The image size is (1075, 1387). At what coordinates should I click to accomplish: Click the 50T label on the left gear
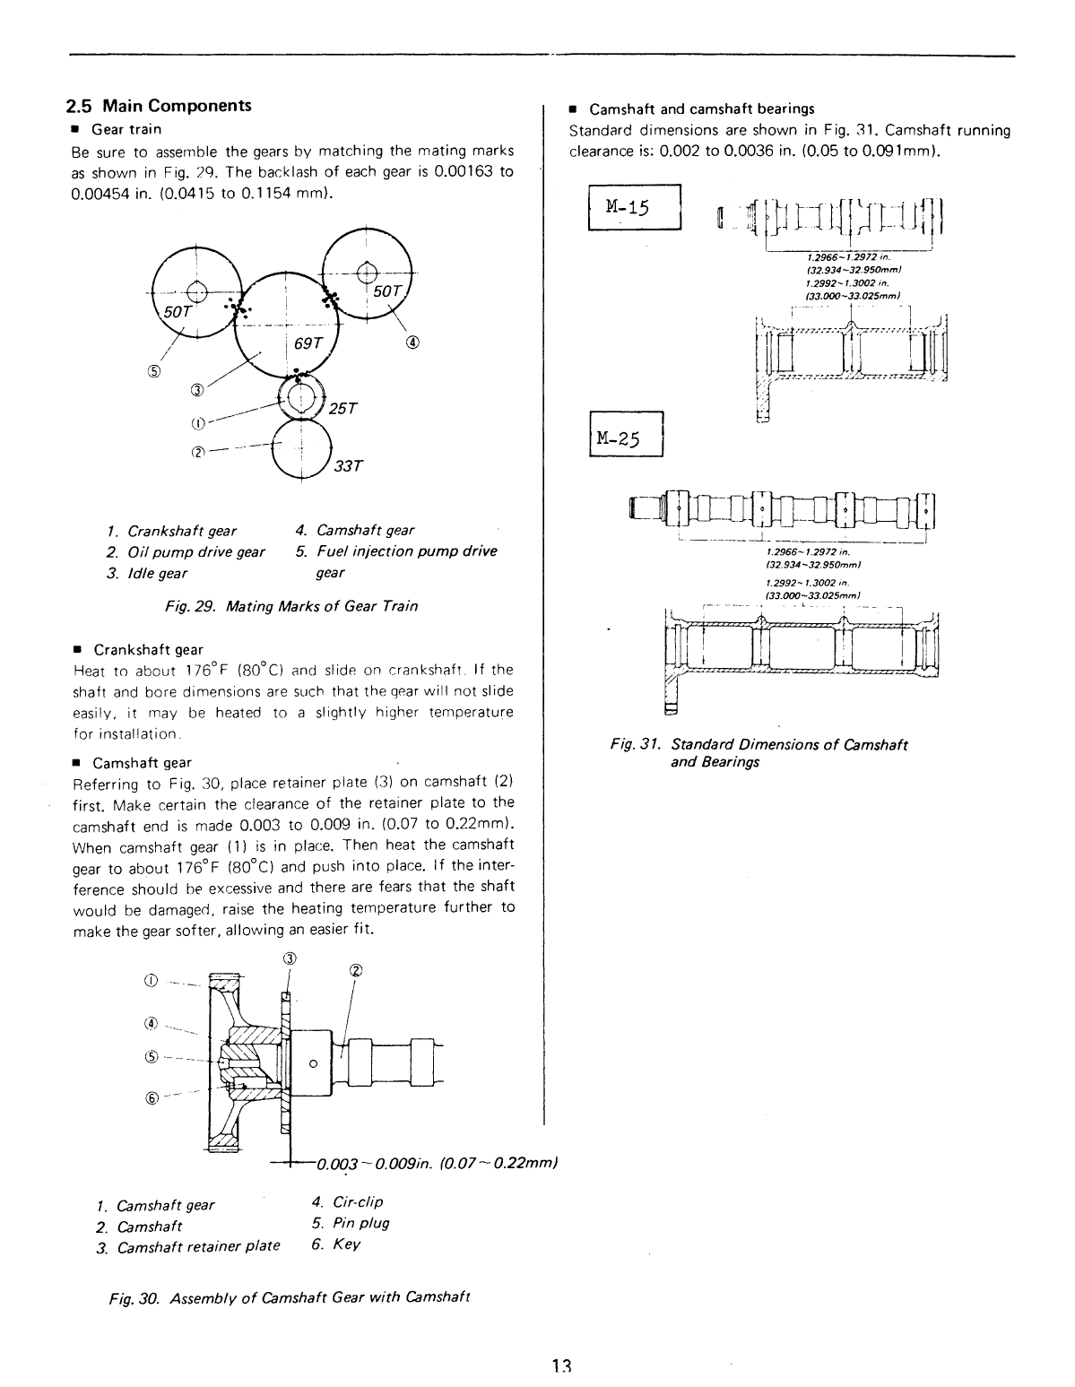[x=177, y=311]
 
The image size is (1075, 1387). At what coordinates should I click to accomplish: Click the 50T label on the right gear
[x=387, y=290]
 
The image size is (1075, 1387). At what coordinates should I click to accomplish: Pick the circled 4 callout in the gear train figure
[x=413, y=342]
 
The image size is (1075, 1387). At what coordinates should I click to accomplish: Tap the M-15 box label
[x=634, y=207]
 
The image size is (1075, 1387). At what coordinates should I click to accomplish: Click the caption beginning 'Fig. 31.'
[x=759, y=753]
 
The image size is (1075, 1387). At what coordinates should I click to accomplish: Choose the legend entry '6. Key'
[x=335, y=1244]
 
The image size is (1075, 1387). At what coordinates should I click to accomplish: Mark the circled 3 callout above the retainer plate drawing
[x=289, y=958]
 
